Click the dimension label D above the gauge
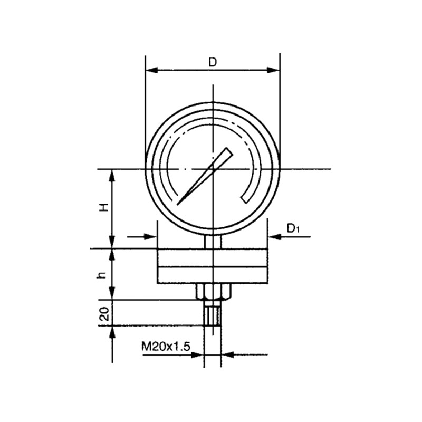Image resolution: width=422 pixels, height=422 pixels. click(213, 62)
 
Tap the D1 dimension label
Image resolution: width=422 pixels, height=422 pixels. click(293, 228)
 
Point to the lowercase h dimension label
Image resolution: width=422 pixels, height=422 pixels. click(102, 275)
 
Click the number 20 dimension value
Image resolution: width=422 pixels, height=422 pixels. click(104, 314)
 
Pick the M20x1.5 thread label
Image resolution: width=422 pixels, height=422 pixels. click(166, 347)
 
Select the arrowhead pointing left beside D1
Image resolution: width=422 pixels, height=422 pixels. click(274, 237)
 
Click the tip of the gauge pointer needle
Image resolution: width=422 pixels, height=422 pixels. click(177, 205)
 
